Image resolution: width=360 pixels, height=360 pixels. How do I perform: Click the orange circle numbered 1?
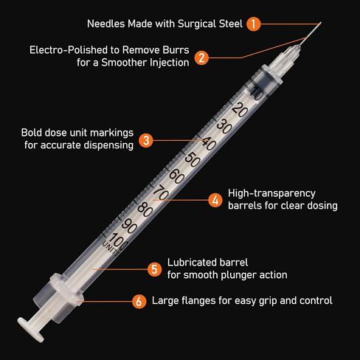point(254,24)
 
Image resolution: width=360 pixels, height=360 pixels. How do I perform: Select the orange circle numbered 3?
point(146,139)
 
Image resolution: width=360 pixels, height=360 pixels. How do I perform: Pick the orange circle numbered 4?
point(215,199)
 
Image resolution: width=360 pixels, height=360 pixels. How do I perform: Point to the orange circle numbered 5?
point(154,269)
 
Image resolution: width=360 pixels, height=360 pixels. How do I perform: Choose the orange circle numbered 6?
point(139,301)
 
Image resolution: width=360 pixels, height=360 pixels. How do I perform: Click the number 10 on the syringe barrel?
point(257,94)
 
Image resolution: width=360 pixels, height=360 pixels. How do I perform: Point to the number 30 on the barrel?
point(224,127)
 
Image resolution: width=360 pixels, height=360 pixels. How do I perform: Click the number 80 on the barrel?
point(147,210)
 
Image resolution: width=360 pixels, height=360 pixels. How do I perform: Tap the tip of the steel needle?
point(322,21)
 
